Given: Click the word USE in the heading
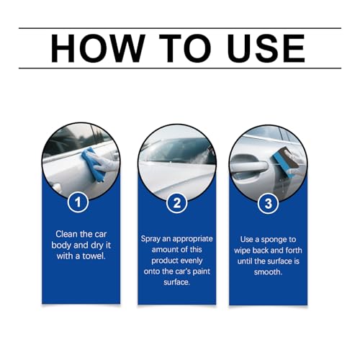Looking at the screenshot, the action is (266, 48).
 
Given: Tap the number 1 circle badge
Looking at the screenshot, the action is (78, 202).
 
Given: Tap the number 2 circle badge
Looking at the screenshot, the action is (177, 203).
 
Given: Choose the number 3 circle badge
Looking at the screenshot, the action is (269, 204).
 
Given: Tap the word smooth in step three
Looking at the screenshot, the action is (268, 272).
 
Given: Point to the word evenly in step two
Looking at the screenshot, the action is (192, 261).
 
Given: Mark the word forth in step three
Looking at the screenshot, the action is (294, 251).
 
